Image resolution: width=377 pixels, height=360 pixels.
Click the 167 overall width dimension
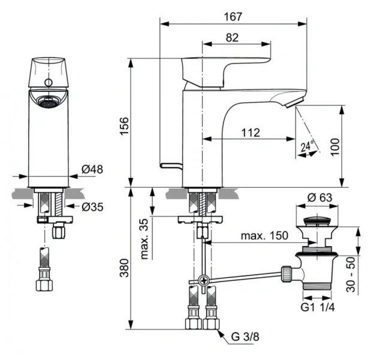coord(230,16)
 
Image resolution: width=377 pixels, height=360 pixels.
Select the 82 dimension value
coord(233,37)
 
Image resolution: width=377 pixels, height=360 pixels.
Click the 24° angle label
coord(307,145)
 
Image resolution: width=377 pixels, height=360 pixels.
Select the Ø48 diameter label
coord(93,169)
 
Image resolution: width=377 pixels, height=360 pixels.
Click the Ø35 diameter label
coord(92,208)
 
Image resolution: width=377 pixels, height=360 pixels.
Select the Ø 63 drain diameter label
coord(319,198)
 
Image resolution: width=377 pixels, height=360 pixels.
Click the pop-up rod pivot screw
coord(205,280)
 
